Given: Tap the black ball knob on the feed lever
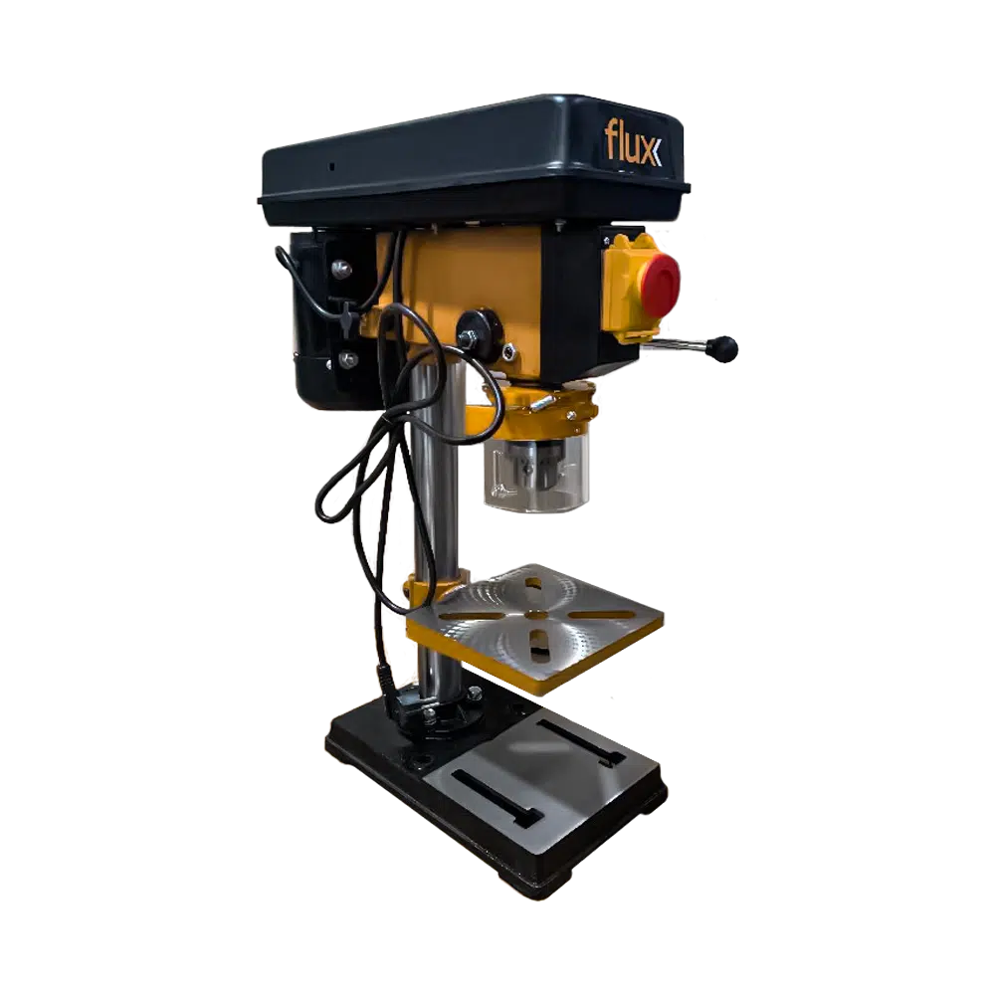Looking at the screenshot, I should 724,348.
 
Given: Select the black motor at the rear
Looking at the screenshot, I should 323,318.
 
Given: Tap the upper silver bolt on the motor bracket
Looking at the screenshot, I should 341,267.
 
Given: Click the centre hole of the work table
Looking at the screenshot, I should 536,614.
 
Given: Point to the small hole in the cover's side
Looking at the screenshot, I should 332,165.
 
